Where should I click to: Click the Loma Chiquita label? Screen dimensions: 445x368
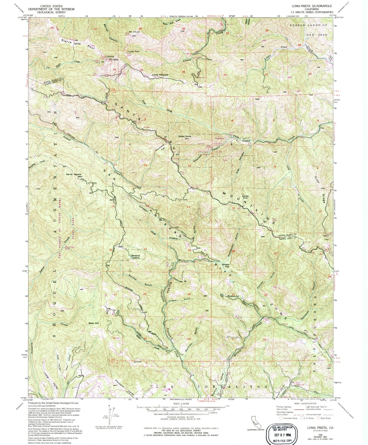[160, 75]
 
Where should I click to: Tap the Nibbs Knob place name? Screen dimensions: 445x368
[184, 136]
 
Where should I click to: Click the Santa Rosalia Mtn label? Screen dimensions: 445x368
[75, 175]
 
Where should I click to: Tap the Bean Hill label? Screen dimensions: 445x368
[93, 323]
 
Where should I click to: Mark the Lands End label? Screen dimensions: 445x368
[245, 197]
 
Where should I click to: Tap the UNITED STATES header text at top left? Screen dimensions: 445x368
[53, 6]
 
